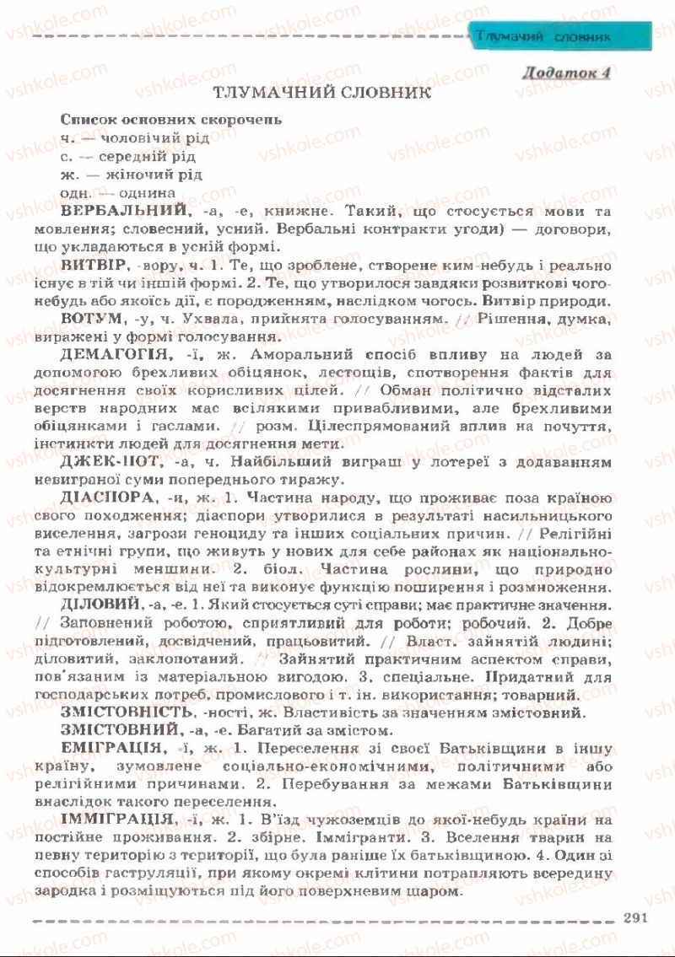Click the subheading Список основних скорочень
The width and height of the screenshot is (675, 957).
171,119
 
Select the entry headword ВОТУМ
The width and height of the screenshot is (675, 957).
89,320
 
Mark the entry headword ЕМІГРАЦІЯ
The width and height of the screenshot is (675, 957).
112,749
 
